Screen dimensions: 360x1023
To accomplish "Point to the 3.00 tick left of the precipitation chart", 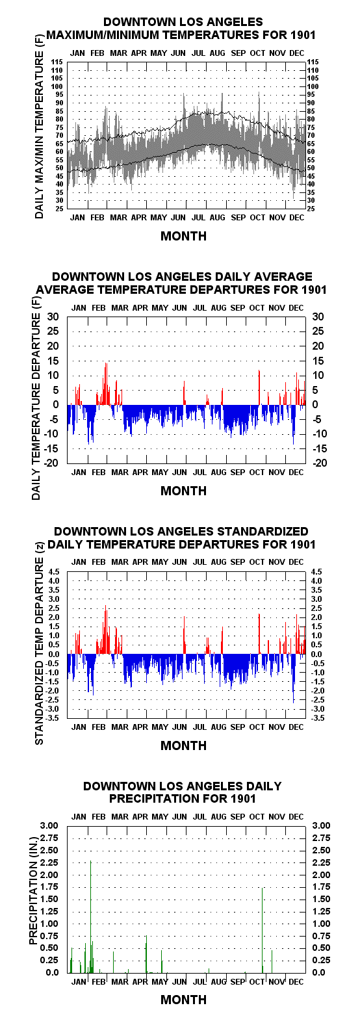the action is coord(50,825).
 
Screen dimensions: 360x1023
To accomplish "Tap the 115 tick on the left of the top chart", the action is coord(57,62).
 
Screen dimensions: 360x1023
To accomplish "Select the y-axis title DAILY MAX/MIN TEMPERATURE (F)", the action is coord(39,125).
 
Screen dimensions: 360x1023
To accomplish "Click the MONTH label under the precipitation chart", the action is coord(184,1000).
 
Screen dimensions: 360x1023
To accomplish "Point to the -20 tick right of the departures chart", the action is coord(320,463).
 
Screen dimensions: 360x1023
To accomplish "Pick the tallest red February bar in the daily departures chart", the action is coord(106,383).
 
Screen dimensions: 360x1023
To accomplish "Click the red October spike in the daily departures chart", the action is coord(259,387).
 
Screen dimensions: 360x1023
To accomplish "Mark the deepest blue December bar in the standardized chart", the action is coord(293,678).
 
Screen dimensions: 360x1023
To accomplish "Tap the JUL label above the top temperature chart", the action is coord(198,53).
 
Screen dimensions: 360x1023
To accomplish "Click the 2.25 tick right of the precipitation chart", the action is coord(321,862).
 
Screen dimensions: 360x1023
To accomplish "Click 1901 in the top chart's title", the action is coord(302,34).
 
